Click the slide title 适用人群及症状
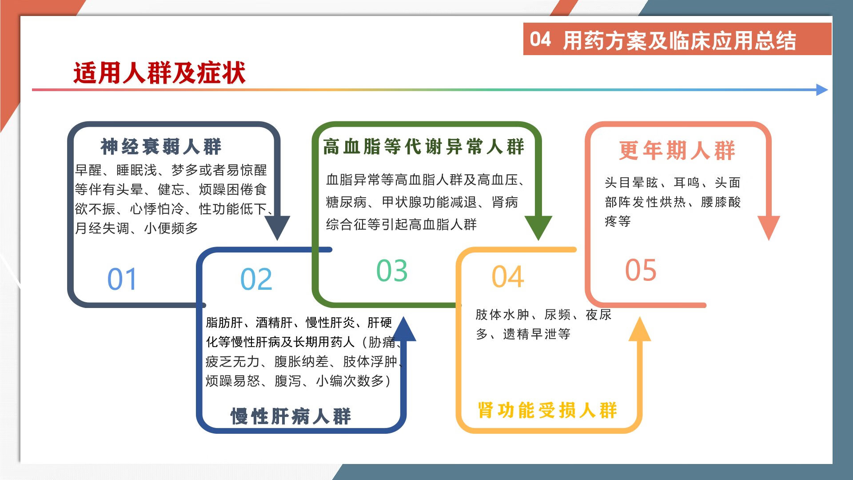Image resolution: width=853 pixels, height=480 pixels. [159, 73]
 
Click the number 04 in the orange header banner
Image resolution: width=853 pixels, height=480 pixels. [540, 39]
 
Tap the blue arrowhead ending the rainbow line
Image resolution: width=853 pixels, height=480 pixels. [822, 90]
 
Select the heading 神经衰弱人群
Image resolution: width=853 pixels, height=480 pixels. [161, 147]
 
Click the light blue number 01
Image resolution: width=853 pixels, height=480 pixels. [122, 279]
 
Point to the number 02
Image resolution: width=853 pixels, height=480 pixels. [256, 279]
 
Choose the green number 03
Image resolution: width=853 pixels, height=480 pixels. [392, 271]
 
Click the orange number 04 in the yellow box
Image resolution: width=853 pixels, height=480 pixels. [508, 277]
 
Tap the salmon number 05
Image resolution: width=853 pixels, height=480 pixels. [641, 270]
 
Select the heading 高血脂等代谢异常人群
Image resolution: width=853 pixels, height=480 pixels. [424, 147]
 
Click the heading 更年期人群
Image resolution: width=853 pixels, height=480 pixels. [677, 150]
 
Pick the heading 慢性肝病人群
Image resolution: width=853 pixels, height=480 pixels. [291, 416]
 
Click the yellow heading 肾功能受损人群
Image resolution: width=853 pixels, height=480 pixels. [547, 410]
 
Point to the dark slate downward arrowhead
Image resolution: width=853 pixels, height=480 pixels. [277, 227]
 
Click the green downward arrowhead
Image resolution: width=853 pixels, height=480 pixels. [538, 227]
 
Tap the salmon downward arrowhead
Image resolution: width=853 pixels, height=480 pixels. [769, 227]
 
